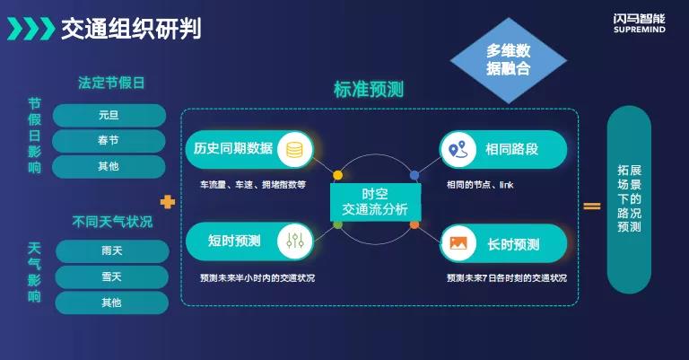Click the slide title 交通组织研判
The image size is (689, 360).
click(x=131, y=29)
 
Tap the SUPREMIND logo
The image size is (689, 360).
click(x=640, y=23)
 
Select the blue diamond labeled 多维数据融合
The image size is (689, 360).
click(x=509, y=60)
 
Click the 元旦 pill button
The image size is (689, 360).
click(x=109, y=115)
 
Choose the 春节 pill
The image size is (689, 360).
click(x=109, y=141)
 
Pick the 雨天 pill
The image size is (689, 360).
click(x=112, y=251)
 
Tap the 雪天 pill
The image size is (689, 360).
click(x=112, y=277)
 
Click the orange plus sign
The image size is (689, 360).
click(x=168, y=202)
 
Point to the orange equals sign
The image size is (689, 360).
click(x=592, y=206)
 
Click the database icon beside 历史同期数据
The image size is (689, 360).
click(x=294, y=150)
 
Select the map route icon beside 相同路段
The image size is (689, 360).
click(x=458, y=150)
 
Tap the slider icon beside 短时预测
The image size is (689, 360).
click(x=294, y=241)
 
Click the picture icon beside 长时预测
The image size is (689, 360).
click(x=458, y=243)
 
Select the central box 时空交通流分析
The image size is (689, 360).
click(x=376, y=202)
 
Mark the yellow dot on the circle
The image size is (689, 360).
click(x=337, y=175)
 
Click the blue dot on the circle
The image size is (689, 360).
click(x=414, y=175)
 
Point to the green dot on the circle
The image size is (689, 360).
click(x=337, y=225)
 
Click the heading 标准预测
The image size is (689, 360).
click(x=369, y=89)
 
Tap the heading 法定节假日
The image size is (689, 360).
click(x=111, y=83)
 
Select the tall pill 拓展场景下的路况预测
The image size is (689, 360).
click(x=629, y=199)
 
